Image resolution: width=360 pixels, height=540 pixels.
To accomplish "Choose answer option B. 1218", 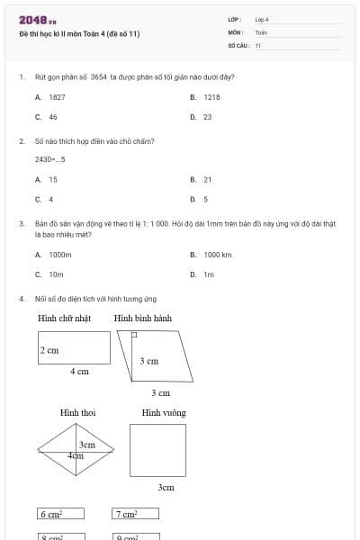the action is coord(206,96).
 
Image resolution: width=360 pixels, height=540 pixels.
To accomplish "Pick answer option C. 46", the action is coord(47,117).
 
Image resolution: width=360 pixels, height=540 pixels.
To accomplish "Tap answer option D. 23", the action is coord(202,117).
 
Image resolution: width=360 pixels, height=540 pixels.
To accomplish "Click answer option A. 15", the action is coord(47,179).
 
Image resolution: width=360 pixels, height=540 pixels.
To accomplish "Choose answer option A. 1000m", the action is coord(54,255).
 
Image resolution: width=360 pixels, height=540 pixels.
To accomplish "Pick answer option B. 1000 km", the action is coord(211,255).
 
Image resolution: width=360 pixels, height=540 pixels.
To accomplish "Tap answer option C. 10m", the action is coord(50,274).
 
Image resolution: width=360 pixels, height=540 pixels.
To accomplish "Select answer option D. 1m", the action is coord(202,274).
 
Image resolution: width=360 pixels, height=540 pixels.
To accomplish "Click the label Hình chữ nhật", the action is coord(65,319).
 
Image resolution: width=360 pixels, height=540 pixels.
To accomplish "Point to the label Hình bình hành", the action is coord(142,319).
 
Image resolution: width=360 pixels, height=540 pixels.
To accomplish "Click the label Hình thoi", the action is coord(77,412).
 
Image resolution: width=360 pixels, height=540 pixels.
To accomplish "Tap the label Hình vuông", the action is coord(163,412).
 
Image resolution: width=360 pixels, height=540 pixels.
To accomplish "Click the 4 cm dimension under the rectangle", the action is coord(79,371).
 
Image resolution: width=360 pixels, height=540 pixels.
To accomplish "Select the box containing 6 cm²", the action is coord(60,514).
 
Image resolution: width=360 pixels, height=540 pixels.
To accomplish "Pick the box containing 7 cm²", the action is coord(135,514).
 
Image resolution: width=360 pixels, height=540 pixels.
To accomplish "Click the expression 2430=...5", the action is coord(50,159).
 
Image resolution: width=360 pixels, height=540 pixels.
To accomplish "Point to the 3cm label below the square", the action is coord(166,487).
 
